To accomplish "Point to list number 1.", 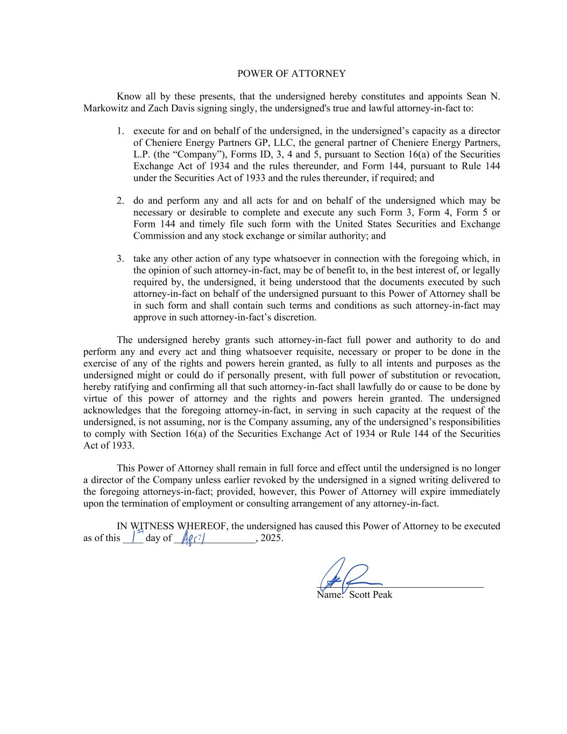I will coord(121,131).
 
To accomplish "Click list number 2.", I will coord(121,201).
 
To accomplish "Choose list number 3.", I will coord(121,259).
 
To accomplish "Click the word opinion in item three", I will coord(165,270).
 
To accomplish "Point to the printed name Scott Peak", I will coord(370,595).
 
